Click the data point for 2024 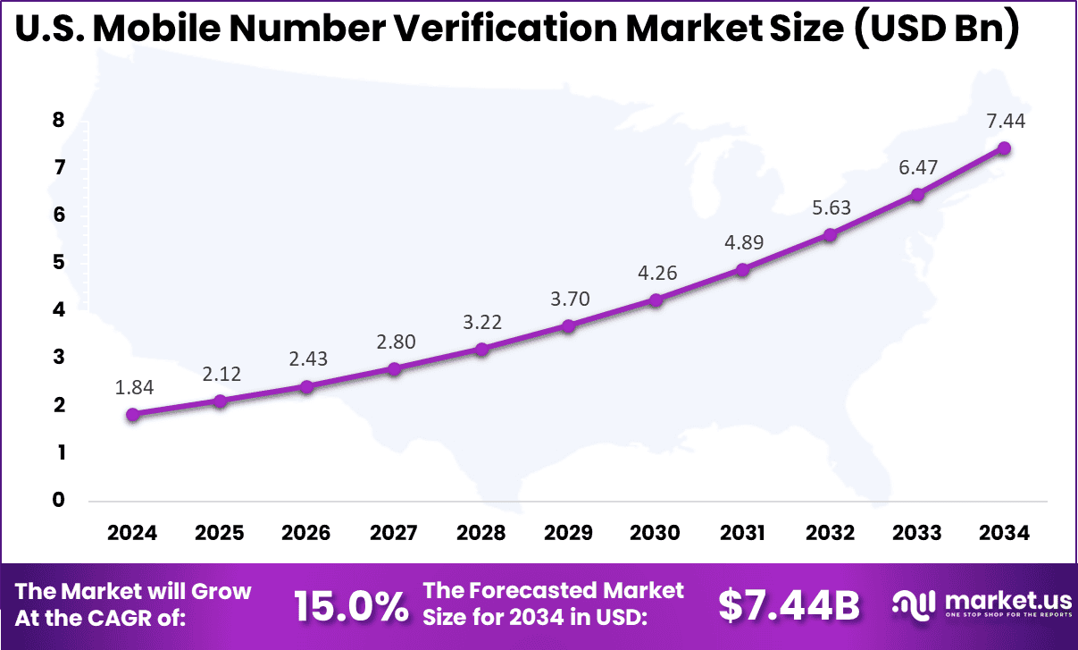[x=132, y=414]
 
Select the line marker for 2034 [x=1004, y=148]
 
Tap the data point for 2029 [x=568, y=326]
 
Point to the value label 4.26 [x=656, y=273]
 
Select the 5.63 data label [x=830, y=207]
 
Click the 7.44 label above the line [x=1004, y=122]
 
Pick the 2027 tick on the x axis [x=394, y=533]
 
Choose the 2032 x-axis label [x=830, y=533]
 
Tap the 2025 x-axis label [x=220, y=533]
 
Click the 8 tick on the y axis [x=59, y=120]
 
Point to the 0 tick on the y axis [x=59, y=500]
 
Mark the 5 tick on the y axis [x=59, y=263]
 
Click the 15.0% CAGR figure [x=351, y=606]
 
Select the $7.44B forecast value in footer [x=789, y=606]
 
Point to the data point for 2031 [x=742, y=269]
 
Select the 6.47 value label [x=916, y=167]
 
